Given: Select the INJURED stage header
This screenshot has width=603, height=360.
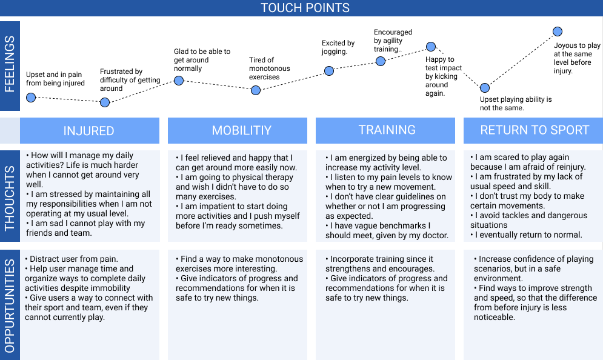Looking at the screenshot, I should [89, 131].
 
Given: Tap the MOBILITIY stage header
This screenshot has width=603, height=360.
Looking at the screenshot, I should [241, 131].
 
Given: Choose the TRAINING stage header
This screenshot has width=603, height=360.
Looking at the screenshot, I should [387, 130].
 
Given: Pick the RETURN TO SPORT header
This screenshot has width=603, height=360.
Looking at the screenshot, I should [535, 130].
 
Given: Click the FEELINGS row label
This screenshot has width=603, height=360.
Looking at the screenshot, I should [10, 65].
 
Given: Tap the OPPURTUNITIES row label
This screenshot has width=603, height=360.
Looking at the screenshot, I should [10, 305].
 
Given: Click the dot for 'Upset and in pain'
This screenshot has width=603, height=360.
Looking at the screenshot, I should [31, 97].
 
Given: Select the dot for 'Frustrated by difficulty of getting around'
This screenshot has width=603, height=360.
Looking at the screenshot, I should [105, 102].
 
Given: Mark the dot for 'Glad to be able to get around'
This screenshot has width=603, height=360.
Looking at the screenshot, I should [179, 80].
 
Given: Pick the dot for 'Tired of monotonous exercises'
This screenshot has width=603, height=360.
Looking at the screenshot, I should [256, 90].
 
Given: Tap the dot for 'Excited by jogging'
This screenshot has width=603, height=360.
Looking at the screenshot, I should [329, 70].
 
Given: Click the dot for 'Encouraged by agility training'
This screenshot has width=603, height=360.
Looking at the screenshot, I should [381, 61].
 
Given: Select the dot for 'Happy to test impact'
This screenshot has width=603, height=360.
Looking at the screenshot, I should [431, 46].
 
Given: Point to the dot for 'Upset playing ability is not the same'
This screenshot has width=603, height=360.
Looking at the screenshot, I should [485, 88].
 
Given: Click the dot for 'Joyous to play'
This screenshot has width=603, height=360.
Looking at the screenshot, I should [558, 32].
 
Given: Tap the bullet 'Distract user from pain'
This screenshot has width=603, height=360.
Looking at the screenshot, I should [73, 259].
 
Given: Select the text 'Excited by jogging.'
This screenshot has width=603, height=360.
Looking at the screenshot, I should [338, 47].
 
